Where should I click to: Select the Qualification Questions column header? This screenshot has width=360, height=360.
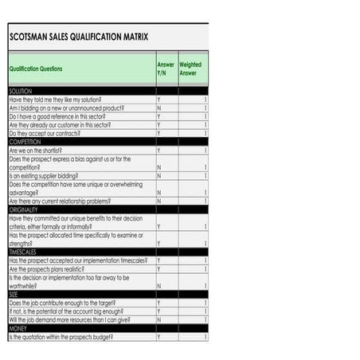coord(36,69)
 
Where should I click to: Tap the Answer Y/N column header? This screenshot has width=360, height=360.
coord(166,69)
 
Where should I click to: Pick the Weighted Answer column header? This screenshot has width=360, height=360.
coord(190,69)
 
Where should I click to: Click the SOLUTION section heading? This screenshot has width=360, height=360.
coord(21,92)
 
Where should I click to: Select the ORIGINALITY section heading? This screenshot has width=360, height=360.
coord(26,209)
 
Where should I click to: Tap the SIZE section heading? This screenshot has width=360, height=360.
coord(14,294)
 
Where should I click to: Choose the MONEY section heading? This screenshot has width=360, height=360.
coord(18,328)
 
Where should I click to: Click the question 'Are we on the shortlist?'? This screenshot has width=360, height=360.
coord(35,150)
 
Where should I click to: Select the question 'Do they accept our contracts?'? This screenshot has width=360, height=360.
coord(46,133)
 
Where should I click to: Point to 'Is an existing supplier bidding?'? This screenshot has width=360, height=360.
coord(44,175)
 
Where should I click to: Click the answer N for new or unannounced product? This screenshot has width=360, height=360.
coord(158,108)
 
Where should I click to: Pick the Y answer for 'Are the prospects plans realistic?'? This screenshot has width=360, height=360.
coord(158,268)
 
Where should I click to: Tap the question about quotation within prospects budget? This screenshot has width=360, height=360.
coord(61,337)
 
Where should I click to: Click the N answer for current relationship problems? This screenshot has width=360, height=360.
coord(158,201)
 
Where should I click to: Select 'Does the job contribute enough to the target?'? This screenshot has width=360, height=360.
coord(62,303)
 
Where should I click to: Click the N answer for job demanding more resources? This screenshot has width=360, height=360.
coord(158,319)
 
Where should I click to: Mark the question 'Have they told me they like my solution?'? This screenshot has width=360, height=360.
coord(56,100)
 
